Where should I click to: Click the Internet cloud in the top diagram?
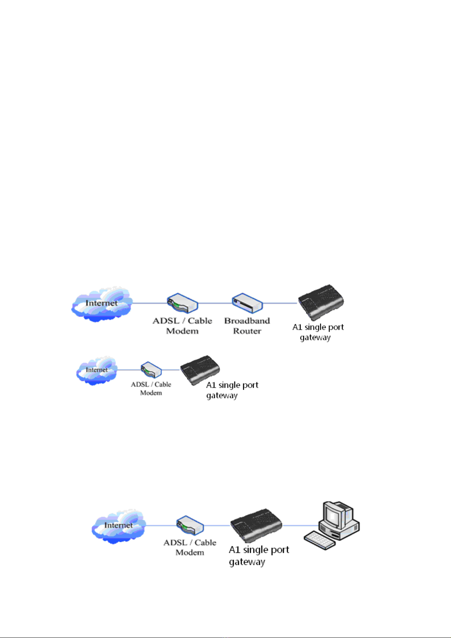point(102,304)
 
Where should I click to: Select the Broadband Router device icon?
point(247,303)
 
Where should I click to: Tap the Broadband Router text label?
point(247,326)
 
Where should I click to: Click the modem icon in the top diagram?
point(183,303)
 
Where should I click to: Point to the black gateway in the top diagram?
point(321,302)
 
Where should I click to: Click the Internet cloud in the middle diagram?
point(97,370)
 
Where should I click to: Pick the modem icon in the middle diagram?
point(151,370)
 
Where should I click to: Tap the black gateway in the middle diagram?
point(200,370)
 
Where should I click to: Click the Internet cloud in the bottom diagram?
point(119,527)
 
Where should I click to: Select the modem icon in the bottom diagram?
point(190,526)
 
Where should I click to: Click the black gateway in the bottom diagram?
point(256,526)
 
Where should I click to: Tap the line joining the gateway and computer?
point(300,525)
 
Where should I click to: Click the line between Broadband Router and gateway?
point(280,303)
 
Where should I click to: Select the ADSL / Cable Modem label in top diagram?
point(183,326)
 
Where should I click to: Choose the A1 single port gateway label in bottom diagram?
point(259,556)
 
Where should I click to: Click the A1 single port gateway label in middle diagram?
point(232,390)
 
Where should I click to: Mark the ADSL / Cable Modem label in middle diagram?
point(151,388)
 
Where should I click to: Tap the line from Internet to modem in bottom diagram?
point(162,525)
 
